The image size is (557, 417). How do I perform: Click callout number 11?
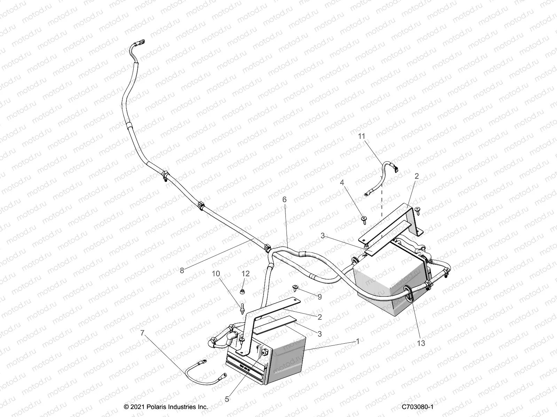click(362, 136)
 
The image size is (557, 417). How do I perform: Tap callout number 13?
click(421, 343)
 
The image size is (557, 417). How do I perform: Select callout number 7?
click(142, 333)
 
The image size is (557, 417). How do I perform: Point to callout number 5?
click(227, 399)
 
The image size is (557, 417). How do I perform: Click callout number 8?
click(182, 270)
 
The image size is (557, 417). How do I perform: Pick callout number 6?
click(284, 199)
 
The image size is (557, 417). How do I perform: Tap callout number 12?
click(245, 274)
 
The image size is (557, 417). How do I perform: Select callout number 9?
click(320, 297)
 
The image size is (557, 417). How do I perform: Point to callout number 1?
click(357, 342)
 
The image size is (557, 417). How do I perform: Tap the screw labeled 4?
click(363, 218)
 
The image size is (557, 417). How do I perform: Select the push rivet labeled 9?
click(296, 287)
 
